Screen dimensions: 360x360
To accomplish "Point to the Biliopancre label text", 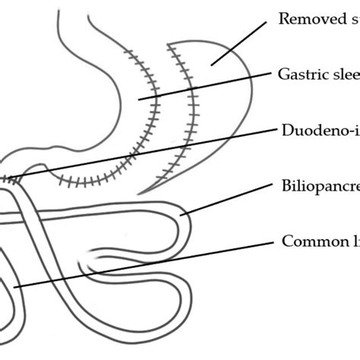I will click(x=319, y=186).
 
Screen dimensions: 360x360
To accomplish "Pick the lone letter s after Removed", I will click(x=355, y=19).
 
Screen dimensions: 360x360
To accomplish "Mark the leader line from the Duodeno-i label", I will click(x=152, y=152).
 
